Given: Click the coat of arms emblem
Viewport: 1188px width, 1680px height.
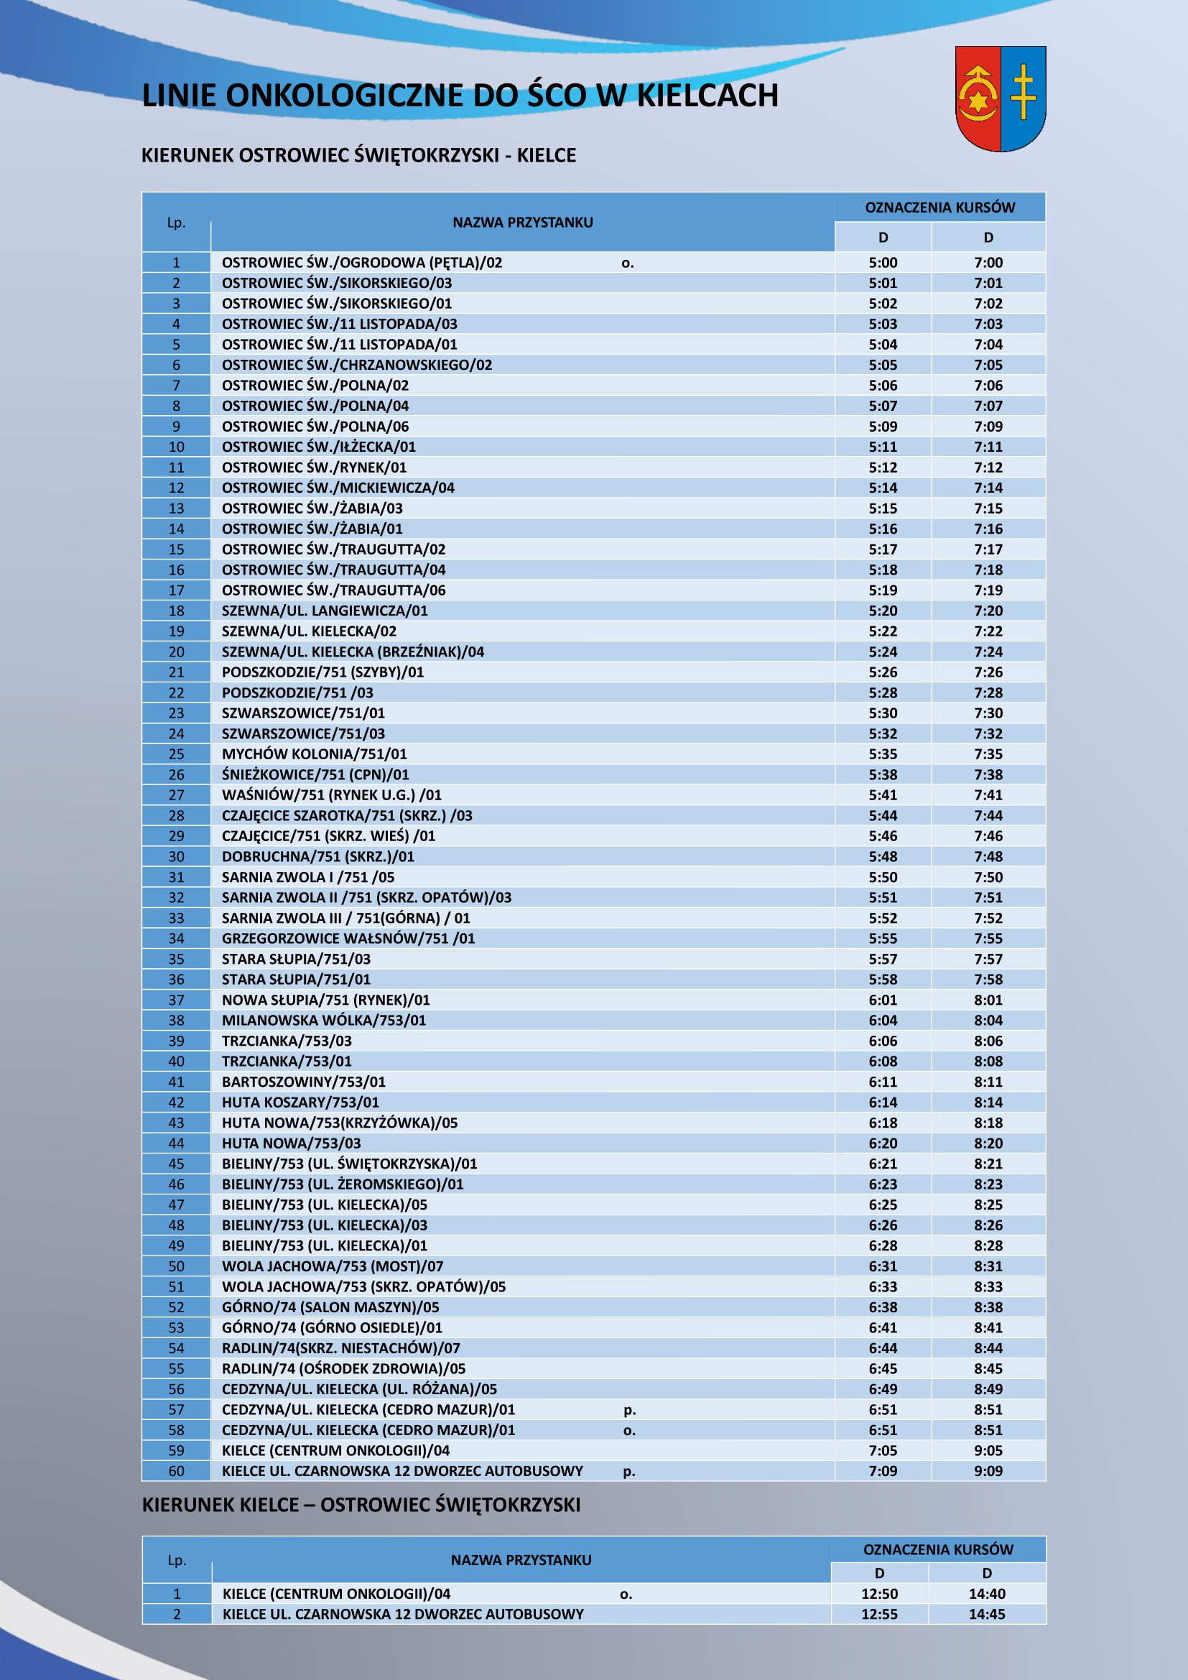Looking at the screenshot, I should [x=1000, y=98].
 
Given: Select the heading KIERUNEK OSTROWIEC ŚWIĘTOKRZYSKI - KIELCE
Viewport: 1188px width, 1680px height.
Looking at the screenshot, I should [x=358, y=155].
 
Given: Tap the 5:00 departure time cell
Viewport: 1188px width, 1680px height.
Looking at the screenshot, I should [x=883, y=263].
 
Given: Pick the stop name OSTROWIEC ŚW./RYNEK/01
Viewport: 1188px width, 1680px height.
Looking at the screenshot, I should [x=315, y=468].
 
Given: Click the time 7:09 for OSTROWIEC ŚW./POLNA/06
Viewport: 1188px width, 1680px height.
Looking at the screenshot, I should [x=988, y=427].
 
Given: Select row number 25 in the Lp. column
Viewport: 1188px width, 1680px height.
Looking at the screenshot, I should [x=176, y=754].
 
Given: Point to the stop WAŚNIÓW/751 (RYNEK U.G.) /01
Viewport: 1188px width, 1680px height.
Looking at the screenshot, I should [x=331, y=795].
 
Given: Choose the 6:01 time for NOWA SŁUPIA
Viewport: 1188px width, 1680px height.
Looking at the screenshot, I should [x=883, y=1001].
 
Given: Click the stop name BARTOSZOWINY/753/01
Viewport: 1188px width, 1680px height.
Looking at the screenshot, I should [x=304, y=1082].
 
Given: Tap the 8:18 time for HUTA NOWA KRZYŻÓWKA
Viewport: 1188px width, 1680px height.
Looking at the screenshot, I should [x=988, y=1123].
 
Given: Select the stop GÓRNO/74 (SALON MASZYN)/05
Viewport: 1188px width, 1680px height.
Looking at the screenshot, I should [x=330, y=1307].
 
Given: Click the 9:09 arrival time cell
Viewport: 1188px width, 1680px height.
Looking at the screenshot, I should [x=988, y=1472].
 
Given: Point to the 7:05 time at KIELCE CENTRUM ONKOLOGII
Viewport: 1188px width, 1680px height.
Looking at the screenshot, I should [x=883, y=1451].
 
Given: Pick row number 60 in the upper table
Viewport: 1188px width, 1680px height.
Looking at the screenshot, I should [x=176, y=1472].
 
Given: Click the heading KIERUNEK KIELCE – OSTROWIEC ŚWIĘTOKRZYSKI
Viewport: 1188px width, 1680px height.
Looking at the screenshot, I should [x=361, y=1505].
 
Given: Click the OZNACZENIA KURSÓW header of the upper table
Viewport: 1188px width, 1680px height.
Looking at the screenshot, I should [x=940, y=208].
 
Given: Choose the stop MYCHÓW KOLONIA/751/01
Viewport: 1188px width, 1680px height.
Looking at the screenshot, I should [x=315, y=754].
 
